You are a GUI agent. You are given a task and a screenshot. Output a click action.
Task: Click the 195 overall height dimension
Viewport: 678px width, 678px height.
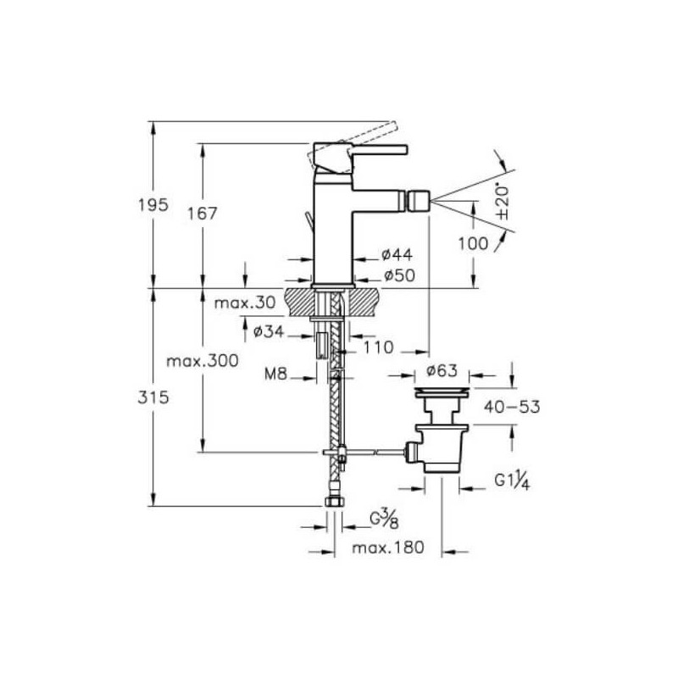tap(153, 204)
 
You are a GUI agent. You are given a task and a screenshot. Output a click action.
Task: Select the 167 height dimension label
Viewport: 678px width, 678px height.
tap(203, 214)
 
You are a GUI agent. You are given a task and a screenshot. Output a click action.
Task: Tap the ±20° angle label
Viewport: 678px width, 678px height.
tap(503, 203)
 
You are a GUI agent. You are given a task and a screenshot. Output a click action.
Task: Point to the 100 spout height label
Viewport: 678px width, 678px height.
tap(473, 244)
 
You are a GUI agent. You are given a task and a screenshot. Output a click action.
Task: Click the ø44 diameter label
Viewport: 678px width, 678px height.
tap(397, 255)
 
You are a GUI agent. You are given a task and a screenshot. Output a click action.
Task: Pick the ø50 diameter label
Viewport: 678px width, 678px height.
tap(399, 275)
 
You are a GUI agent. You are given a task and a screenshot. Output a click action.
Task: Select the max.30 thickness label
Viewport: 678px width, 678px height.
tap(245, 303)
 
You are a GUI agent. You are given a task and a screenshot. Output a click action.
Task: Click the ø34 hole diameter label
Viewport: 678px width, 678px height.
tap(269, 331)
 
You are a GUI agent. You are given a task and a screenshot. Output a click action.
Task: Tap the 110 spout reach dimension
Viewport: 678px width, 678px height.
tap(378, 347)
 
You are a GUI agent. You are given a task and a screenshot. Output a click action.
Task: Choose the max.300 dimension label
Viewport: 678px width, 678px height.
tap(203, 361)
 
